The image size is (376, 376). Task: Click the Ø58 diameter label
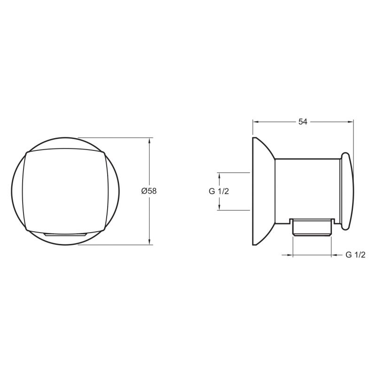[x=149, y=191]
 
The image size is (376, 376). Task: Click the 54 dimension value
[x=303, y=122]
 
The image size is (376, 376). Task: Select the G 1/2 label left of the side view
[x=219, y=191]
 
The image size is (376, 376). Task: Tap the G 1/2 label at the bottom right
[x=355, y=255]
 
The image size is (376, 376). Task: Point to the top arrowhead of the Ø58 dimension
[x=149, y=140]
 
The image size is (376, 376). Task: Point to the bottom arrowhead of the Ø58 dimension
[x=149, y=242]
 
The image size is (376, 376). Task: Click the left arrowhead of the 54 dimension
[x=256, y=122]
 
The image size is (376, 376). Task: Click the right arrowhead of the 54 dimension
[x=351, y=122]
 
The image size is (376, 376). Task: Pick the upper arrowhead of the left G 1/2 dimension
[x=219, y=175]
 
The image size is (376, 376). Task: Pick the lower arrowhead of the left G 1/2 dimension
[x=219, y=207]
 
